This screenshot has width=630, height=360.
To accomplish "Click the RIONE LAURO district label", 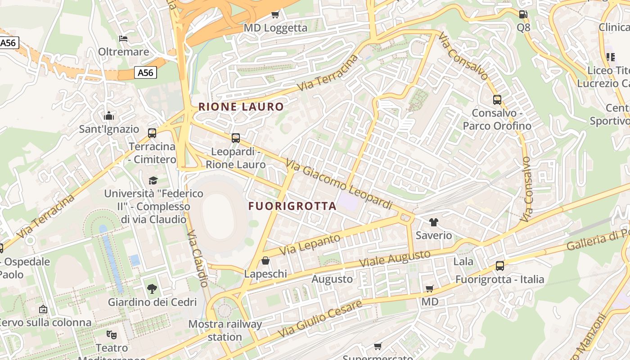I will click(241, 107).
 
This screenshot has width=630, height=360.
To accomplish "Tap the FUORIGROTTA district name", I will click(292, 206).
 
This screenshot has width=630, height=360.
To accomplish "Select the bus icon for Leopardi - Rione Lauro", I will click(236, 138).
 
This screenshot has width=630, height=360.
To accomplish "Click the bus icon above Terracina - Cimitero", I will click(152, 133).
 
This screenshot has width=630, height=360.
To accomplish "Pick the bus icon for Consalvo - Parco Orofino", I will click(497, 100).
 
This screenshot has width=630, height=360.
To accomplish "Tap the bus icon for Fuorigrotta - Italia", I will click(500, 265).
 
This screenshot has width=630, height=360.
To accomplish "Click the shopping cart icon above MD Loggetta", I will click(275, 14).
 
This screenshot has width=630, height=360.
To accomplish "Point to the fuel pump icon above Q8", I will click(523, 14).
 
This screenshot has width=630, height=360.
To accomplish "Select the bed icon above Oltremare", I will click(123, 38).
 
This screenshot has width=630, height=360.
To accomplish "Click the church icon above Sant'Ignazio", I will click(109, 116).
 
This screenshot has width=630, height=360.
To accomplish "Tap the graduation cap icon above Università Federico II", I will click(153, 180).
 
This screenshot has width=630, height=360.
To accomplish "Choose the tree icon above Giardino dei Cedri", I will click(152, 288).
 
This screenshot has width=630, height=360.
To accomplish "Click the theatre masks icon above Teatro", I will click(112, 334).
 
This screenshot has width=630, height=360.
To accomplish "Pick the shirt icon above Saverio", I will click(434, 222).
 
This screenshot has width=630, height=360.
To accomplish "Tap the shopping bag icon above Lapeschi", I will click(265, 261).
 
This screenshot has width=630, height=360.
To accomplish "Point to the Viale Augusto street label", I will click(395, 260).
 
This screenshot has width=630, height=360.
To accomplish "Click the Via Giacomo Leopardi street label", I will click(339, 185).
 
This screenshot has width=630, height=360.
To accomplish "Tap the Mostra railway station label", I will click(225, 330).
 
